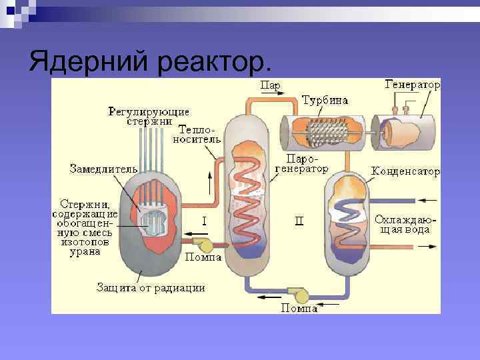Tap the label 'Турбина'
(325, 101)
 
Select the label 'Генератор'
(413, 85)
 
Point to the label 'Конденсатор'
(405, 172)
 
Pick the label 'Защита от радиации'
(151, 287)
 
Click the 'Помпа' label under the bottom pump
(299, 308)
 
